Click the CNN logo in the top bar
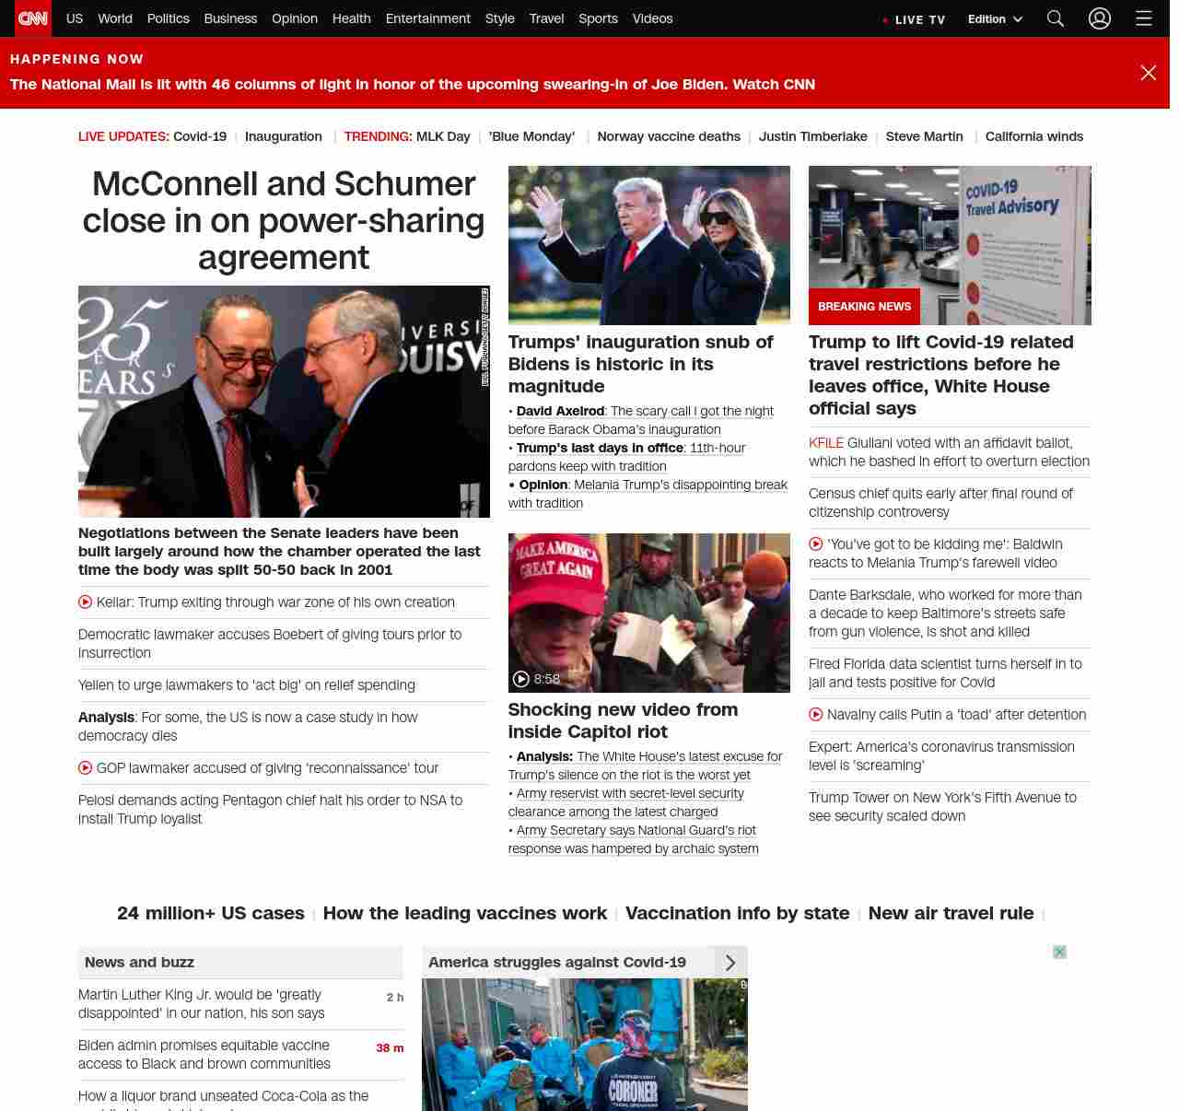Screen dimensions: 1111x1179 pos(33,18)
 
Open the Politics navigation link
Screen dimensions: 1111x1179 pos(168,18)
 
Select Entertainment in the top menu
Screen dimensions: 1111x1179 pos(427,18)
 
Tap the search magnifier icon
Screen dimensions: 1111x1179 pos(1055,18)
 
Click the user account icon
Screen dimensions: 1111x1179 pos(1099,18)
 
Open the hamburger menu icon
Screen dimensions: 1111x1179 pos(1143,18)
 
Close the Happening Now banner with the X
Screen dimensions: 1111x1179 pos(1148,73)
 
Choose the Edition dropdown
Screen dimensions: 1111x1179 pos(995,19)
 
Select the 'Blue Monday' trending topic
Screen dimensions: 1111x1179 pos(531,136)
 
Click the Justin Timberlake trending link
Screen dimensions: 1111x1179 pos(812,136)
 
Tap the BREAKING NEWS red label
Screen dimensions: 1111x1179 pos(864,307)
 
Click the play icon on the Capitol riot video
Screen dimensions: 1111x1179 pos(521,679)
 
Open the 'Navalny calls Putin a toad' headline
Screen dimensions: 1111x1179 pos(956,715)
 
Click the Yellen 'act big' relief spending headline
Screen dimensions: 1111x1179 pos(247,685)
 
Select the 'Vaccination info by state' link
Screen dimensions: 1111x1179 pos(737,913)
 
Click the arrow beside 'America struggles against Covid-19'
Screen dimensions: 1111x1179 pos(730,963)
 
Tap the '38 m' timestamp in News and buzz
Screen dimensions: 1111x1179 pos(390,1048)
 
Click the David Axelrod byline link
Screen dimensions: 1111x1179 pos(560,411)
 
